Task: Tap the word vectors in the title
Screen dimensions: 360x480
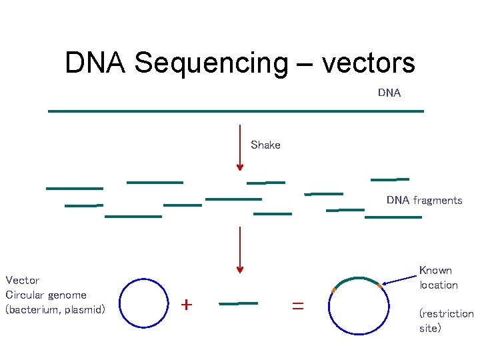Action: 368,63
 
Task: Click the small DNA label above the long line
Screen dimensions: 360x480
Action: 389,93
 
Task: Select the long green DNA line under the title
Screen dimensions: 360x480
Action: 236,111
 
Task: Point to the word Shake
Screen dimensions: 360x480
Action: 265,145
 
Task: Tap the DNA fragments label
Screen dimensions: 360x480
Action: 424,200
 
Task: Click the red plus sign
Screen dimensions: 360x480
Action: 187,305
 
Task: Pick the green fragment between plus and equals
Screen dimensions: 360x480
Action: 238,303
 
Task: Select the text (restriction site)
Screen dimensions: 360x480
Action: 446,321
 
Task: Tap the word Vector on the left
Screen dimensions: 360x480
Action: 23,280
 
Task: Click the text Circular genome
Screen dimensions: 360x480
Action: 46,295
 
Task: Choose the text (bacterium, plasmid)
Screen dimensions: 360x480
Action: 55,309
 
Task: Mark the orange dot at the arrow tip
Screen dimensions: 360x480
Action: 380,286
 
